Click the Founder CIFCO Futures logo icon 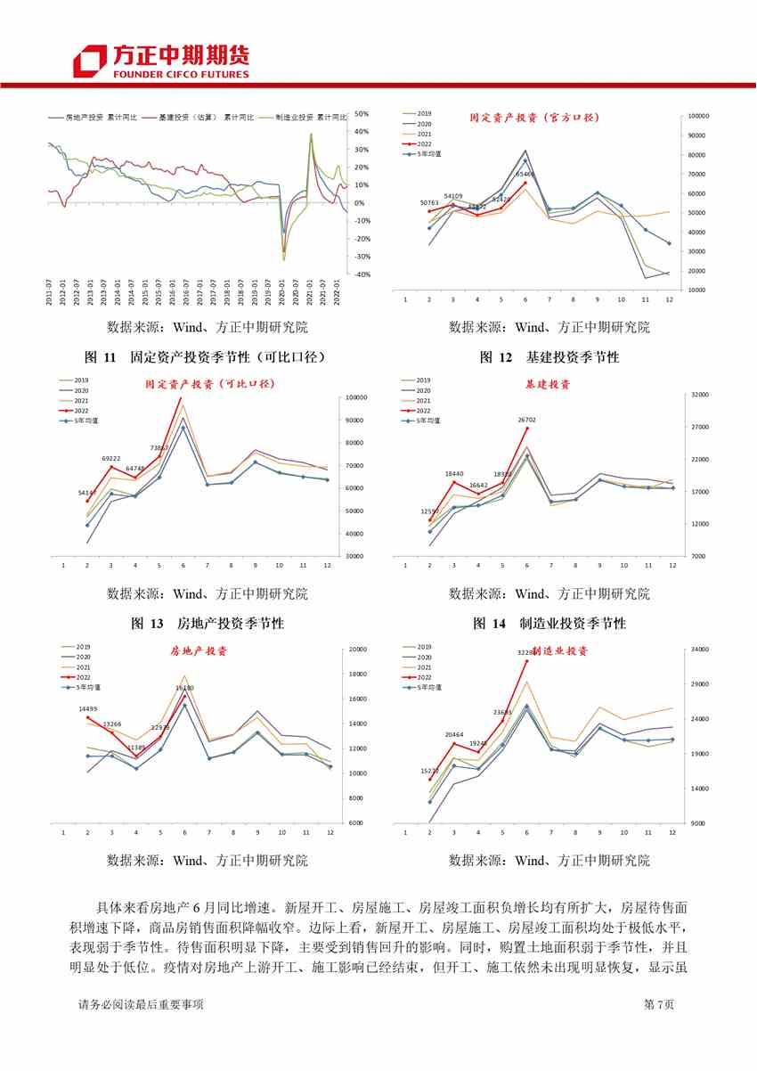[x=90, y=60]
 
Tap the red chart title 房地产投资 [x=199, y=651]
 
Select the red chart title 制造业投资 [x=560, y=651]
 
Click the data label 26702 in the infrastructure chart [x=526, y=419]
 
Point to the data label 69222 [x=110, y=458]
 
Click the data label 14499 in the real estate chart [x=88, y=708]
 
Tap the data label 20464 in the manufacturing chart [x=453, y=734]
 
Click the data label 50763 [x=429, y=203]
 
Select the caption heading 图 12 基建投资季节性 [x=549, y=357]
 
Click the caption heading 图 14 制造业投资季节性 [x=549, y=624]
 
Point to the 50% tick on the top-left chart [x=362, y=114]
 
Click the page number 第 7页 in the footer [x=658, y=1004]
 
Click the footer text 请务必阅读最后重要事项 [x=141, y=1004]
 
